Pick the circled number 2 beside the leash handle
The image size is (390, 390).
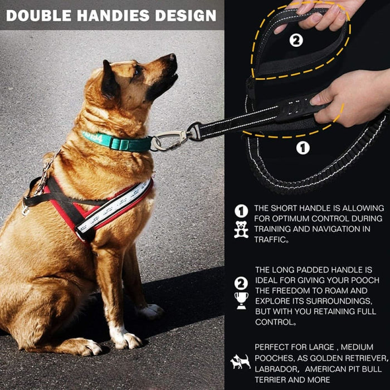pos(296,41)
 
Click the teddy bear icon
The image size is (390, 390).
pos(241,229)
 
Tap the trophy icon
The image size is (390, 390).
pos(241,300)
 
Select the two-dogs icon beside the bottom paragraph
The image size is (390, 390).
pos(241,362)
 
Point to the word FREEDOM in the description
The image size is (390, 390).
pos(306,290)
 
